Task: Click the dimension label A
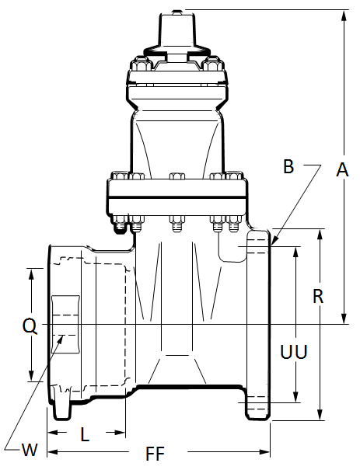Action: [x=342, y=169]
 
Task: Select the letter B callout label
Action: [x=288, y=166]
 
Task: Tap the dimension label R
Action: [x=318, y=296]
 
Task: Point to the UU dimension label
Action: [x=294, y=352]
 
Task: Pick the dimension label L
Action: [x=85, y=434]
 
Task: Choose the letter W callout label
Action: [x=30, y=450]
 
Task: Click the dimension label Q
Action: [x=30, y=326]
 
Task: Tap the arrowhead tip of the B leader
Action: [x=271, y=245]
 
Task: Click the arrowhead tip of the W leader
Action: [x=63, y=336]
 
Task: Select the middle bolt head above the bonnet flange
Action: [x=177, y=176]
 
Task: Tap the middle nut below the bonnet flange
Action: [x=177, y=223]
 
